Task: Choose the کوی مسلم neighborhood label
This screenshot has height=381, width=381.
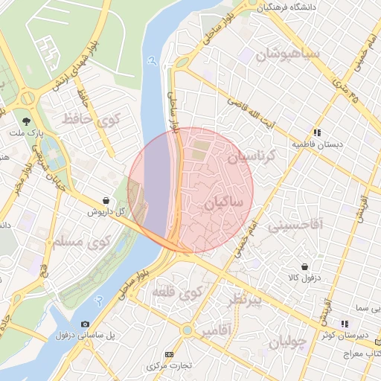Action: (x=82, y=241)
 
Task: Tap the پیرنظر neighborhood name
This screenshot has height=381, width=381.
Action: (x=246, y=299)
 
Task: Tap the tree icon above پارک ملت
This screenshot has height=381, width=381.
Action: (x=27, y=120)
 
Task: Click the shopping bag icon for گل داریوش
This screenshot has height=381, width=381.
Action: (x=107, y=200)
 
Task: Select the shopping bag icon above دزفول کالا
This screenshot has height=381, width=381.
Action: (x=305, y=266)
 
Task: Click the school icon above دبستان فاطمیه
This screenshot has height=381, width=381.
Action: (x=317, y=132)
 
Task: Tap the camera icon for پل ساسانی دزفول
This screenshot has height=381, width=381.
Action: (x=85, y=324)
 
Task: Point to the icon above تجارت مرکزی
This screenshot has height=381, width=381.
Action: (x=169, y=354)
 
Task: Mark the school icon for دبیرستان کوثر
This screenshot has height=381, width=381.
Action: (x=344, y=324)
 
